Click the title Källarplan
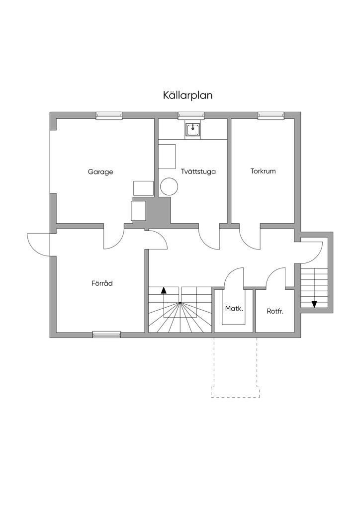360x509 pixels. (x=187, y=95)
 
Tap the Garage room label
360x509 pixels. (x=100, y=172)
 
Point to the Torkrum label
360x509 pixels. (x=263, y=171)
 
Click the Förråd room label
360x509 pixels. (x=102, y=283)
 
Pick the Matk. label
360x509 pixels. (x=234, y=308)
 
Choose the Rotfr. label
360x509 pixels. (x=274, y=312)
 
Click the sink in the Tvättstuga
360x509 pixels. (x=193, y=129)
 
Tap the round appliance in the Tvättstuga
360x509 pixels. (x=169, y=186)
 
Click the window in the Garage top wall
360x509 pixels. (x=109, y=116)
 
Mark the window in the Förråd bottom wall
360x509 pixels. (x=106, y=335)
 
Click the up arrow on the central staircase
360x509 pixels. (x=164, y=291)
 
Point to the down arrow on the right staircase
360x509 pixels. (x=314, y=304)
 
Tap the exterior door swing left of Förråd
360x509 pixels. (x=39, y=244)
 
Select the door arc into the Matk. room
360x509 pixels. (x=233, y=276)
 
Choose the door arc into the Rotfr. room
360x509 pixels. (x=275, y=277)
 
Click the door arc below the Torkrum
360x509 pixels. (x=250, y=239)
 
